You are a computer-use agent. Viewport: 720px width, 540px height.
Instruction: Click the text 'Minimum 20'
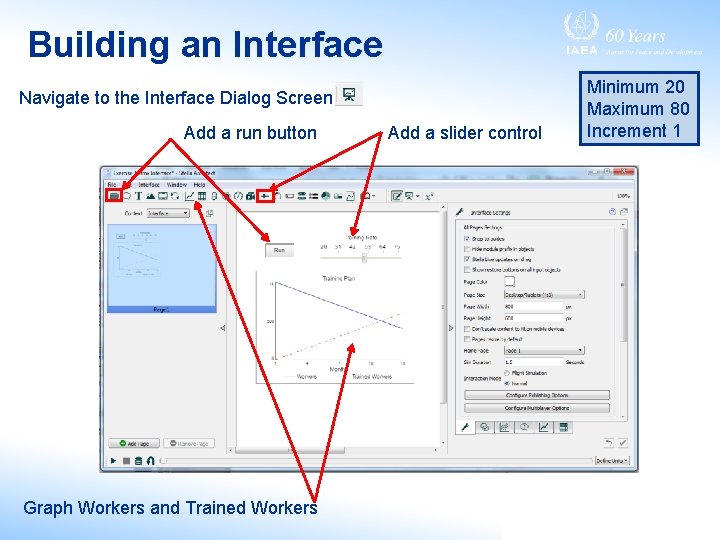[x=635, y=87]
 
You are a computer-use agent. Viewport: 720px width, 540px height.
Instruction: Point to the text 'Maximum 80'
[x=638, y=109]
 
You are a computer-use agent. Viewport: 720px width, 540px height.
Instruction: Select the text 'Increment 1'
[x=634, y=130]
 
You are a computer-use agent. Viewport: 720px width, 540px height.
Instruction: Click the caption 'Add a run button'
[x=250, y=133]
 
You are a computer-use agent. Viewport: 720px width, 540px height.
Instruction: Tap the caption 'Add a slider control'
[x=465, y=133]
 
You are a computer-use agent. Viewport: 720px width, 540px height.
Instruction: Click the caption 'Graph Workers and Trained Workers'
[x=170, y=508]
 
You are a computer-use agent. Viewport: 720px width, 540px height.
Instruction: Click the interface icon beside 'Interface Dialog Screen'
[x=349, y=95]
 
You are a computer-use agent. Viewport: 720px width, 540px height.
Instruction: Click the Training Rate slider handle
[x=364, y=257]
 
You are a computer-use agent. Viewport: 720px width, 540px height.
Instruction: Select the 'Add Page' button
[x=132, y=443]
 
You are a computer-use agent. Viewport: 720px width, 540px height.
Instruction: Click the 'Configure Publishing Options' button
[x=536, y=395]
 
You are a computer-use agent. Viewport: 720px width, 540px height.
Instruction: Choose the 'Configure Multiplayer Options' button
[x=536, y=408]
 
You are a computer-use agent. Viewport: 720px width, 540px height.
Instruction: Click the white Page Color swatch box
[x=509, y=282]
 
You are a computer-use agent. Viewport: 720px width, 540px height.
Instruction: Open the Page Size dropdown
[x=543, y=294]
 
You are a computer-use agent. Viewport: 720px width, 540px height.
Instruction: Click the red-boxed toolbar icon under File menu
[x=113, y=196]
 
